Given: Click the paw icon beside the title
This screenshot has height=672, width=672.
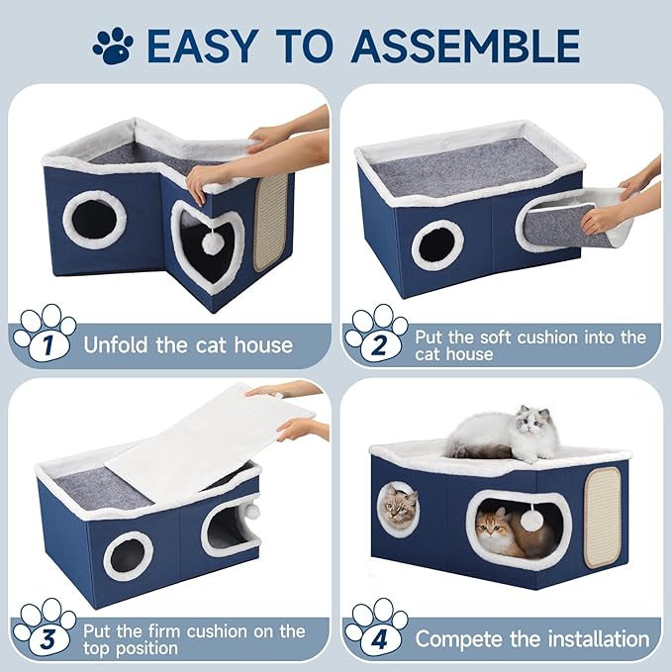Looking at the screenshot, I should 112,45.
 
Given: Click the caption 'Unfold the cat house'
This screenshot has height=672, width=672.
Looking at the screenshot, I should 188,344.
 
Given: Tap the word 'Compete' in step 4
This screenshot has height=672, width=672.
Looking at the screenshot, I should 462,638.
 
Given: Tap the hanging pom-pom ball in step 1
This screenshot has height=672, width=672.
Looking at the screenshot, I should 211,240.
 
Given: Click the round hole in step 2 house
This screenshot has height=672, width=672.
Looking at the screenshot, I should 436,243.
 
